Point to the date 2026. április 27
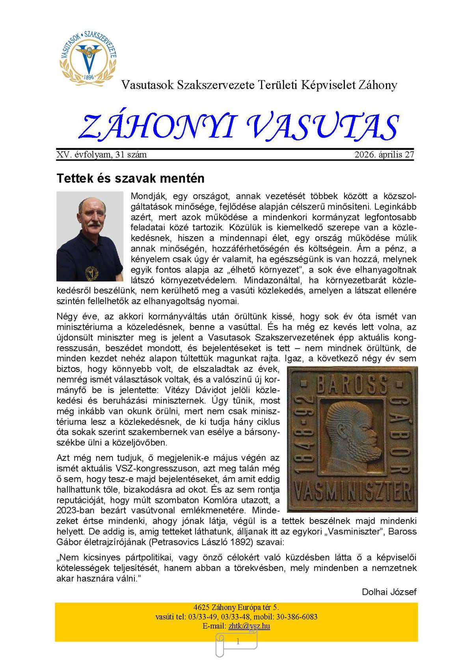pos(384,155)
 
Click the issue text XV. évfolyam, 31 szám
pos(102,155)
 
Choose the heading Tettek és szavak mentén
pos(130,178)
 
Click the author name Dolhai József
pos(389,592)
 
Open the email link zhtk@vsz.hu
pos(249,626)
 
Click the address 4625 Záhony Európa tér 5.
pos(236,607)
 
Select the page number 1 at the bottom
pos(238,642)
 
